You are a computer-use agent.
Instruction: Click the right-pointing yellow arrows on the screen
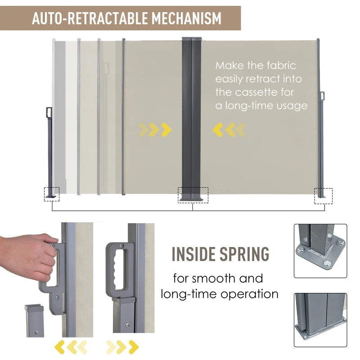155,130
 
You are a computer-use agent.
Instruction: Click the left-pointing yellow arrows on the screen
229,130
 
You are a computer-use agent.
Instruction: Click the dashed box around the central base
193,195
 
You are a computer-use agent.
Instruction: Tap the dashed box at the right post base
323,196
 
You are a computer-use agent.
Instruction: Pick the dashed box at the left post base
51,194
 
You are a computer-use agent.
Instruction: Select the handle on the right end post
322,96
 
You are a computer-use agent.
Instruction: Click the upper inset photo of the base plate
320,251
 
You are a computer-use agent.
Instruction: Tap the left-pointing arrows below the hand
71,347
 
